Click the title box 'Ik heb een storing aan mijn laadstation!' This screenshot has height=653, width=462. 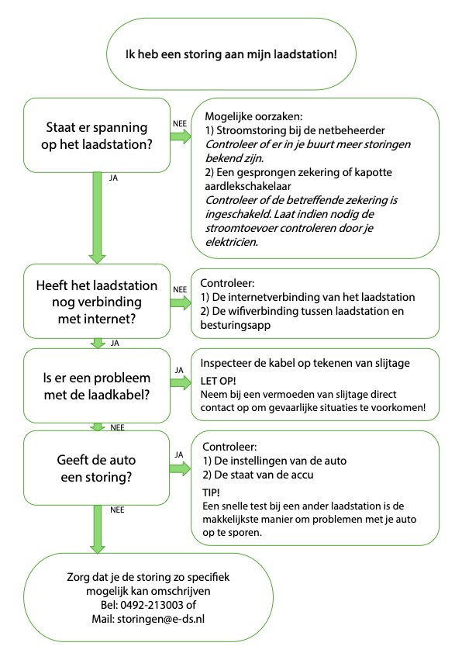pos(232,54)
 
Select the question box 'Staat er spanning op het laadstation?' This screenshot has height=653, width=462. pos(97,136)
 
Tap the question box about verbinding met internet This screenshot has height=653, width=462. pos(97,301)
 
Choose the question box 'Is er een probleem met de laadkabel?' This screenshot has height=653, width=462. pos(97,385)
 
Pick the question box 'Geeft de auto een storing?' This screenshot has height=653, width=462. pos(97,468)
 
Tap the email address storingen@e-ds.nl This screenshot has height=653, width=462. pos(160,619)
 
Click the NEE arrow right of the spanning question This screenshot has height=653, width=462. pos(181,136)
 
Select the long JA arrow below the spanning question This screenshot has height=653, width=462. pos(97,218)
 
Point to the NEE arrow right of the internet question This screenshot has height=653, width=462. pos(181,302)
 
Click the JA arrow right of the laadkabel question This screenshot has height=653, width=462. pos(181,382)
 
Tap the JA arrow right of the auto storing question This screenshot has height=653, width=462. pos(180,468)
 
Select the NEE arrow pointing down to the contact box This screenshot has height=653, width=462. pos(97,530)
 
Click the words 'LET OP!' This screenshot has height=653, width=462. pos(218,381)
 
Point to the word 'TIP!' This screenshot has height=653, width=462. pos(211,492)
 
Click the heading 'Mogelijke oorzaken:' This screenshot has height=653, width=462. pos(253,116)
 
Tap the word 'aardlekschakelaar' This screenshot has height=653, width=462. pos(247,186)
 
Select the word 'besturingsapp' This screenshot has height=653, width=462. pos(235,325)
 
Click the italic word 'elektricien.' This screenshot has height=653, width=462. pos(232,242)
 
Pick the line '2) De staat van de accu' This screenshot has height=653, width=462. pos(258,475)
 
